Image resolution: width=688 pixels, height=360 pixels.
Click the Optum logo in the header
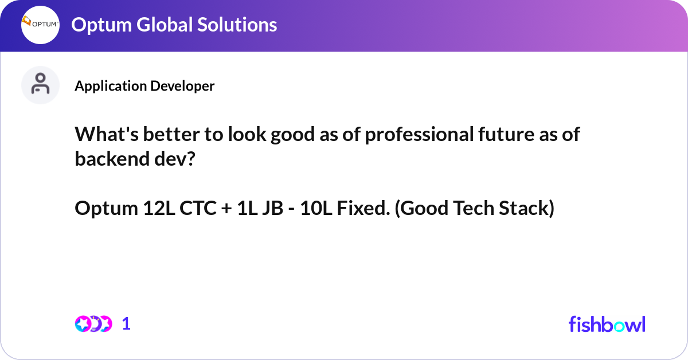click(x=40, y=25)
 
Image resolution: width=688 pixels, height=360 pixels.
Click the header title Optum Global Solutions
click(x=174, y=25)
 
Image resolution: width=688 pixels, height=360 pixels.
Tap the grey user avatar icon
click(x=40, y=85)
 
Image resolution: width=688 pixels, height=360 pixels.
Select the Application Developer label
click(x=144, y=86)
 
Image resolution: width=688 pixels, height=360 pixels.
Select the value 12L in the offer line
click(x=156, y=209)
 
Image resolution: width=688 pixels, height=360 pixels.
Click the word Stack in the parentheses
click(x=526, y=209)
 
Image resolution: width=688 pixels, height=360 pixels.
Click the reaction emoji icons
click(x=93, y=324)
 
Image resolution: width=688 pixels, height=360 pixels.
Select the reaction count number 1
click(x=126, y=324)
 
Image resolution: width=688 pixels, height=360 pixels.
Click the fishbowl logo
click(x=607, y=324)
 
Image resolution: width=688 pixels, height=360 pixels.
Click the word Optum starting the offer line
click(x=106, y=209)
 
